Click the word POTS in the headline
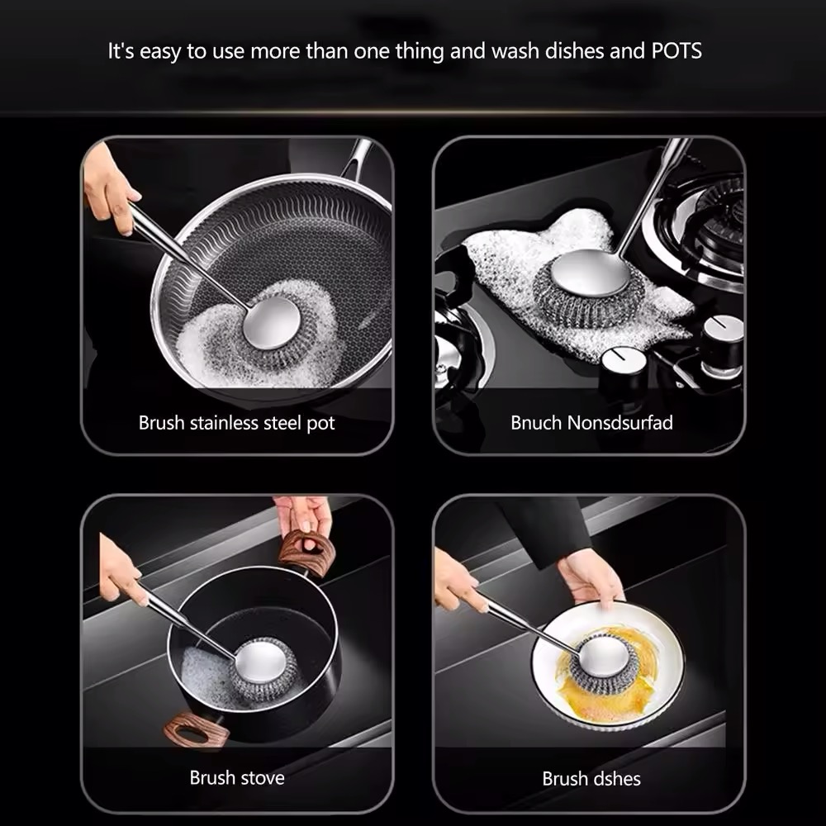(676, 51)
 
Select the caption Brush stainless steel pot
(236, 423)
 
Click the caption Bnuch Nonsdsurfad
(591, 422)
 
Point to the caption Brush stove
(237, 777)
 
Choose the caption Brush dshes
(591, 779)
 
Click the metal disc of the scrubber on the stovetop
(590, 273)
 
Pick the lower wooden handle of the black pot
(196, 730)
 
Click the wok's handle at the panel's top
(358, 157)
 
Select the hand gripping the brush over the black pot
(122, 570)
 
